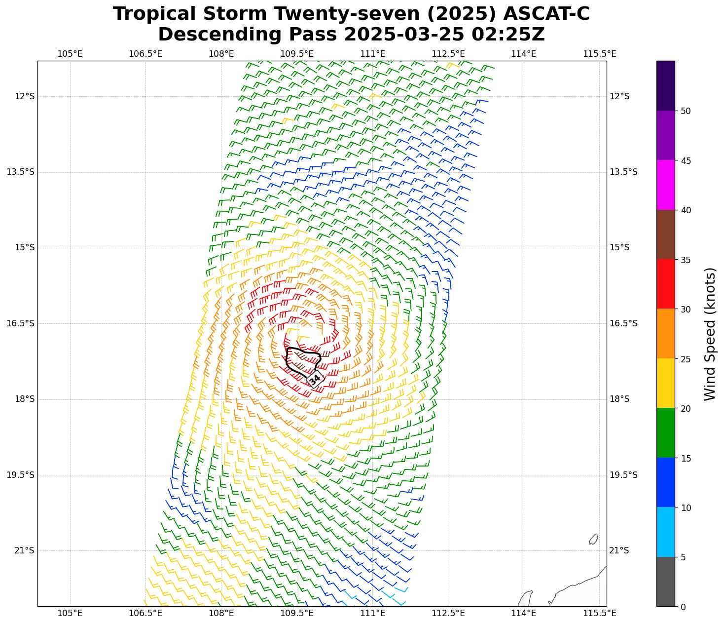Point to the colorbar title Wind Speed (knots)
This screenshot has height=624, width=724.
(709, 334)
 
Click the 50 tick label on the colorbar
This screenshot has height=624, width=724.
(685, 111)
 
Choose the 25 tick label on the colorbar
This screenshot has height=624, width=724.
(685, 359)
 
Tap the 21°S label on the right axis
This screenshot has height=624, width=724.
(619, 550)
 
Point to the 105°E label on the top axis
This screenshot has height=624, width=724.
(70, 54)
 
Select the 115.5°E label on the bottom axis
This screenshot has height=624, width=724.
(600, 613)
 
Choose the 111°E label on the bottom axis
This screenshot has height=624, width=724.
(372, 613)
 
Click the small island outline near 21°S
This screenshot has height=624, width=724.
(593, 539)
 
